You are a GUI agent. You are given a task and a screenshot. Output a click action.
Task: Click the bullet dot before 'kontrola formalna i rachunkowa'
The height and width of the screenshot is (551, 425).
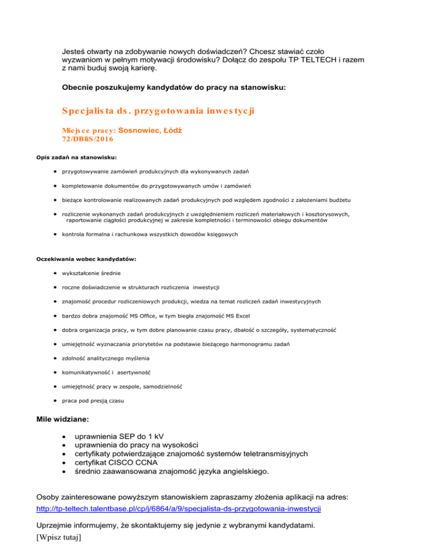[x=56, y=234]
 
